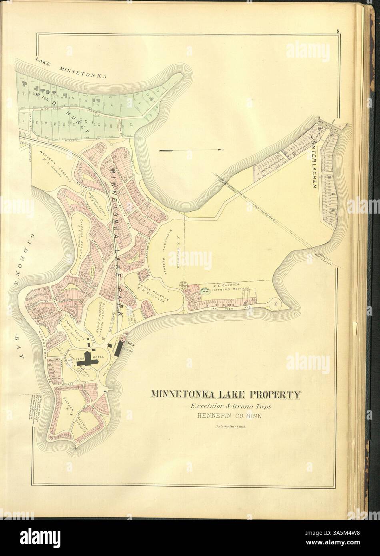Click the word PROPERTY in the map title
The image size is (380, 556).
coord(274,395)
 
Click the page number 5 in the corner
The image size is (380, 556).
coord(338,31)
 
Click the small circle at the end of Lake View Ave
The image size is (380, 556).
coord(276,304)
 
